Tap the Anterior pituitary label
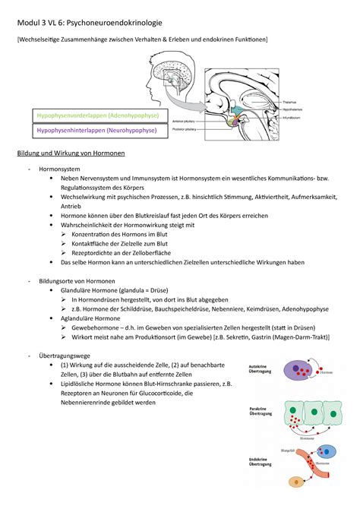(186, 121)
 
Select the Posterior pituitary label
(186, 128)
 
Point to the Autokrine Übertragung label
(259, 370)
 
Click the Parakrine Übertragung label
(259, 414)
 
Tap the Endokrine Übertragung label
(259, 463)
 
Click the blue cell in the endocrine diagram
(293, 483)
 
